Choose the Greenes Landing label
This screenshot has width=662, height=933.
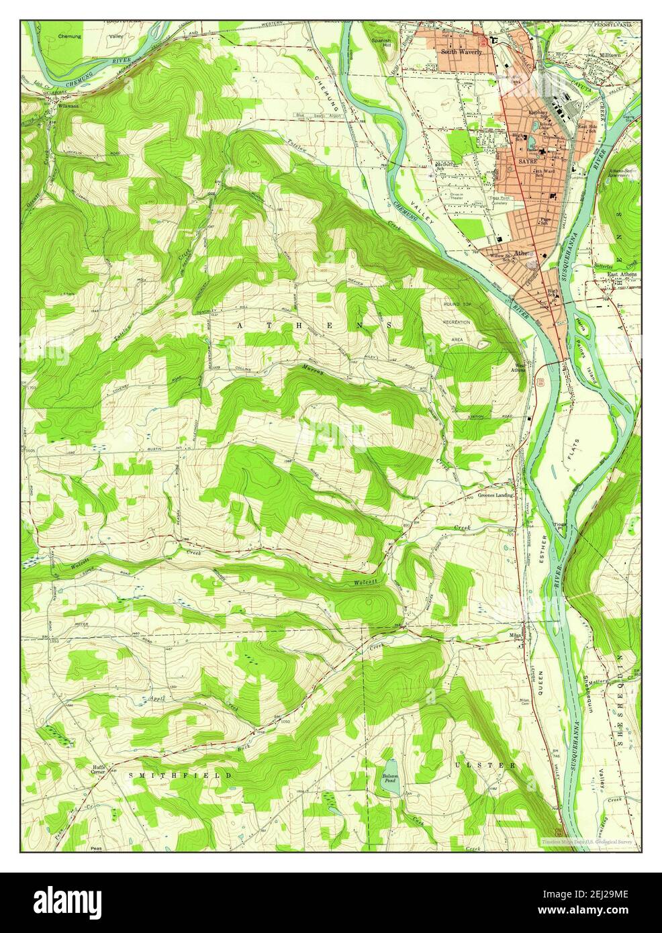point(495,495)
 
